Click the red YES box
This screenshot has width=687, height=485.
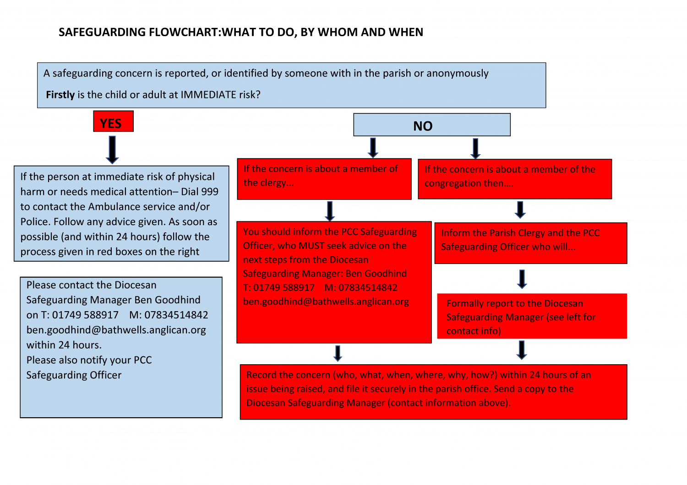point(114,121)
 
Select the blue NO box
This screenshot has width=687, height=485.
point(432,125)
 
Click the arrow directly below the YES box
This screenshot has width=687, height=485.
point(112,150)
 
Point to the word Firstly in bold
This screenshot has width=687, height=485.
point(60,95)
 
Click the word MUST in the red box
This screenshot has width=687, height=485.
point(311,246)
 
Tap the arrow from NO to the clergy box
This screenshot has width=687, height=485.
point(373,148)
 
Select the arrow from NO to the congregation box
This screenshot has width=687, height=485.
point(475,148)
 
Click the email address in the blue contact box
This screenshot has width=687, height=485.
point(116,330)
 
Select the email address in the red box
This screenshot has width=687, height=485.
point(326,302)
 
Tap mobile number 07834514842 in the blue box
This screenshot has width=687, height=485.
point(176,315)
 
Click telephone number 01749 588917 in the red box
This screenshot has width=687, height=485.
point(284,288)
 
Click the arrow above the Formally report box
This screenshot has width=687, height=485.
point(522,279)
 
